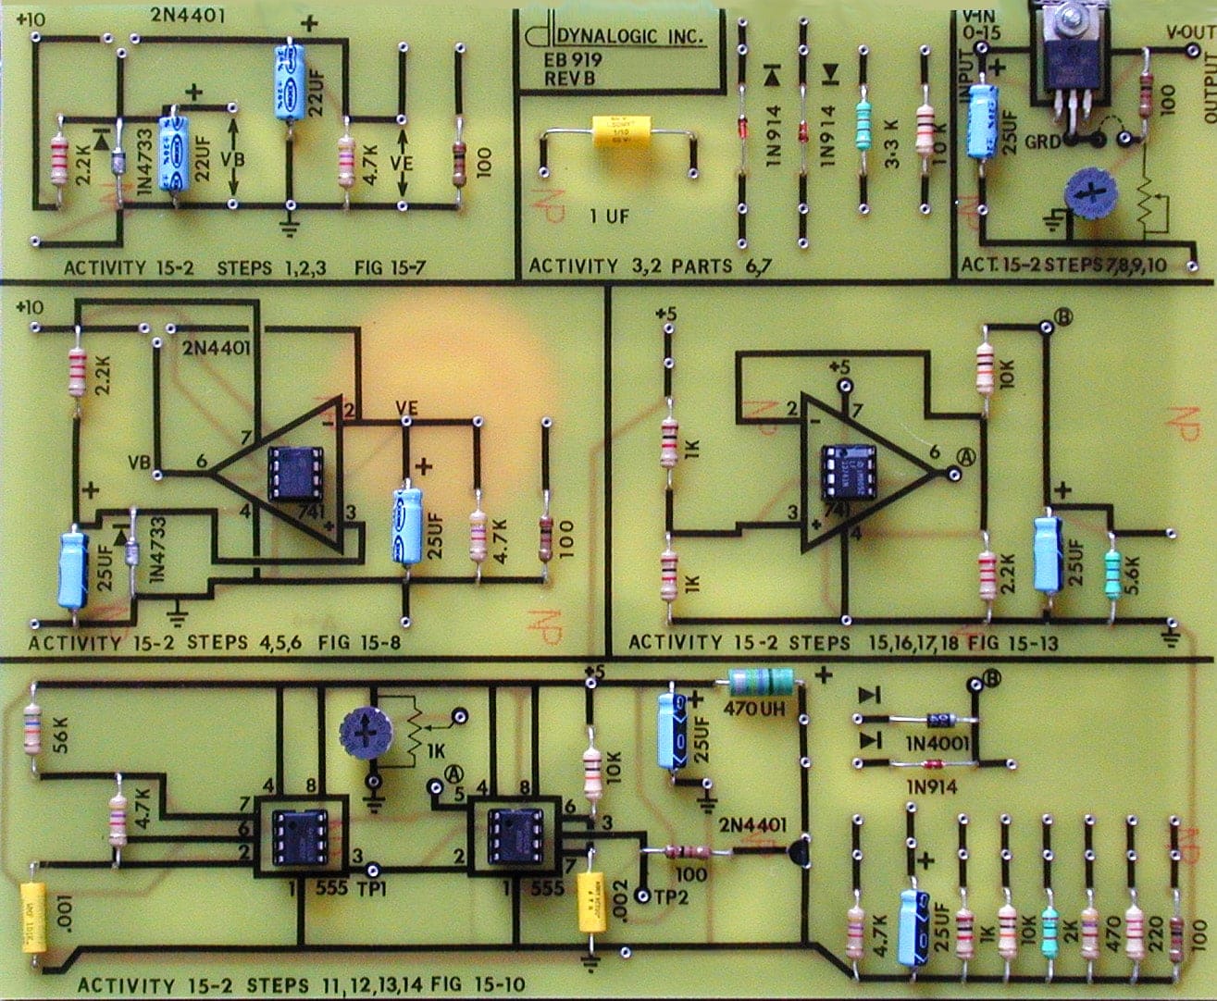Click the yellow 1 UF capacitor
[617, 133]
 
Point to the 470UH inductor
[761, 683]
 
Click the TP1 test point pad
[373, 871]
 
